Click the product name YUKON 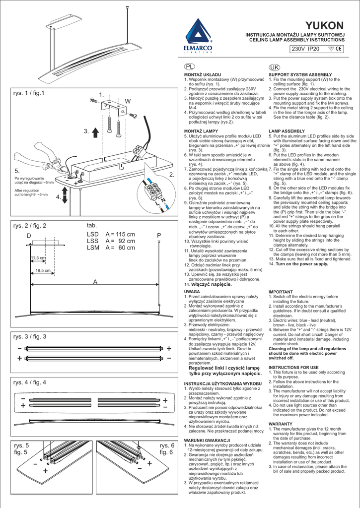324,26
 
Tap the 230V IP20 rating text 305,49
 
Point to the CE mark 339,49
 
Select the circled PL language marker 189,66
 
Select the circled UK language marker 274,66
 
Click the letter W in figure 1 128,101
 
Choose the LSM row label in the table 93,248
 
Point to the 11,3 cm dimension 38,258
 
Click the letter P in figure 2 159,235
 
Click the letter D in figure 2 29,235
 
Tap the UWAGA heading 192,292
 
